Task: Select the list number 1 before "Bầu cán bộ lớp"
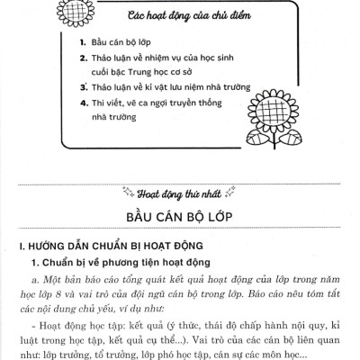point(82,43)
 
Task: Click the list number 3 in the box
point(82,89)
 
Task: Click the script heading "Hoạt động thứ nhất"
point(180,192)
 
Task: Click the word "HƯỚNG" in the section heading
point(39,246)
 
